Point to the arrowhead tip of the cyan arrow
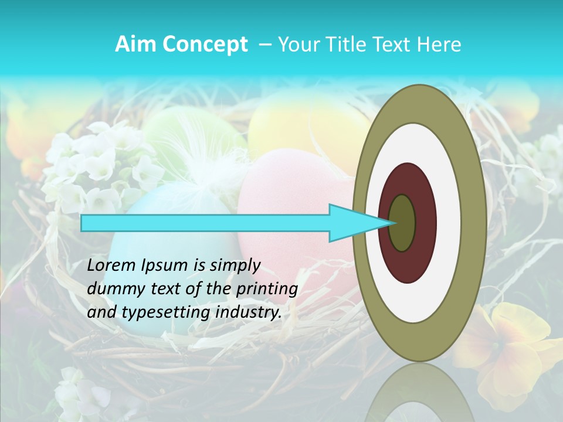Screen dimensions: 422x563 pyautogui.click(x=394, y=223)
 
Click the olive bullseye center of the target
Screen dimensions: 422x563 pyautogui.click(x=402, y=223)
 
